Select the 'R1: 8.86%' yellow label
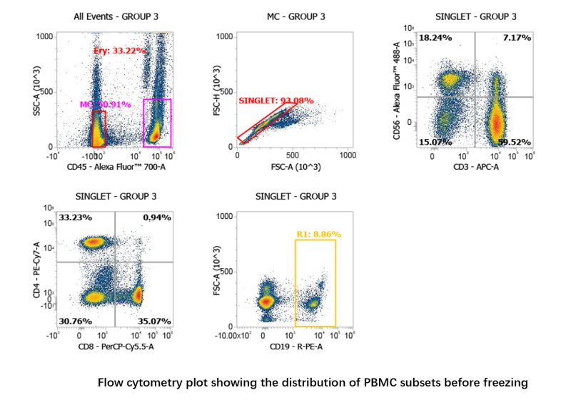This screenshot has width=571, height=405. (319, 234)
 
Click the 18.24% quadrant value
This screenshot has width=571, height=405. (435, 37)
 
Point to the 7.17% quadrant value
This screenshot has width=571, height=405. (515, 37)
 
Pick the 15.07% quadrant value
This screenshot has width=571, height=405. (435, 142)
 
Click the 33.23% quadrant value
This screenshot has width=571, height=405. (76, 217)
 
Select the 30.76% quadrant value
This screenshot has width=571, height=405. (76, 321)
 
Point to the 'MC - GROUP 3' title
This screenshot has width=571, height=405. (292, 16)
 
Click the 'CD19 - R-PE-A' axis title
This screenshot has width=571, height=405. (292, 347)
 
